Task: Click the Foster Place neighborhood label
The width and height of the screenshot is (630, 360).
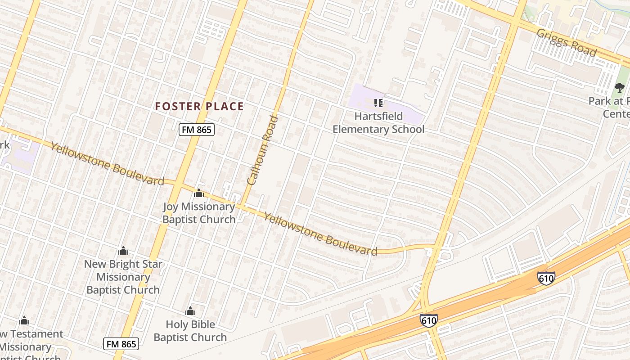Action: tap(199, 107)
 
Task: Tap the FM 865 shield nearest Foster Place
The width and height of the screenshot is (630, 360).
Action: tap(197, 130)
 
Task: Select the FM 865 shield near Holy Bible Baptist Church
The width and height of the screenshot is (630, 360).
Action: tap(121, 344)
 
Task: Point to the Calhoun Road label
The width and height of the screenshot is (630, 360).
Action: tap(263, 150)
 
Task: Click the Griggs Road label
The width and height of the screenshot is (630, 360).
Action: tap(567, 43)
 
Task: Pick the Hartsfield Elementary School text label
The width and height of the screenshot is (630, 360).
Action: tap(378, 123)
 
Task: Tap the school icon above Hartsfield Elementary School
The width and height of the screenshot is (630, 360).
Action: tap(378, 103)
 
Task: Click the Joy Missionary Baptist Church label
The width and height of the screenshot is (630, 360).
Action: tap(199, 213)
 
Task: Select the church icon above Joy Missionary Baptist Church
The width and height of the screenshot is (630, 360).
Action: tap(198, 193)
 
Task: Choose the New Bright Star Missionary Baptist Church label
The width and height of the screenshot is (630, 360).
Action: tap(123, 277)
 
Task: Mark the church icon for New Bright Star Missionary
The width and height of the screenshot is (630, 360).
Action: tap(123, 251)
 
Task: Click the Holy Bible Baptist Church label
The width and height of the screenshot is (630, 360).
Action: tap(190, 331)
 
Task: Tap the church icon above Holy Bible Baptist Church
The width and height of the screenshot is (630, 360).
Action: tap(190, 311)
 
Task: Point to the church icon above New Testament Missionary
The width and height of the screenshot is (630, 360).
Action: tap(24, 320)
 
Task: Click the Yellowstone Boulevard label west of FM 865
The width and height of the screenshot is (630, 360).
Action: tap(107, 164)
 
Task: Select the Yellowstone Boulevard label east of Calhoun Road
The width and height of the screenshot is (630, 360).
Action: tap(320, 234)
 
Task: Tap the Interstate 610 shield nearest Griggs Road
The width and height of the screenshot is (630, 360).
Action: tap(546, 278)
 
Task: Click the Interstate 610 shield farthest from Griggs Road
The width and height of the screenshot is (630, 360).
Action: tap(428, 320)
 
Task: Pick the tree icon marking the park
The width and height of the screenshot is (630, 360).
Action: tap(620, 87)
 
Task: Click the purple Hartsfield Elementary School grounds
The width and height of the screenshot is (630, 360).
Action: tap(400, 112)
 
